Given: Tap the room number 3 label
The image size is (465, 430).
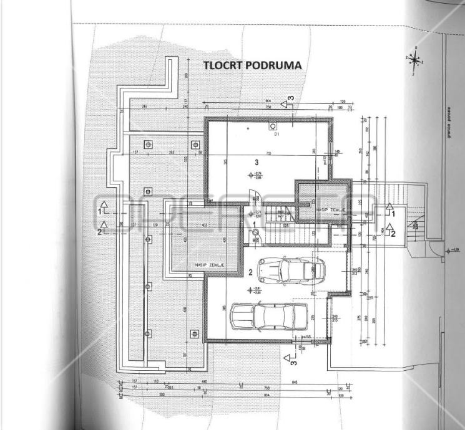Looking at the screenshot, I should point(256,161).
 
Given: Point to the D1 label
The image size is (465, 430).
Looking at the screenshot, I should point(277,134).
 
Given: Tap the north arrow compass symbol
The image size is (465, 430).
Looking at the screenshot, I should point(414,60).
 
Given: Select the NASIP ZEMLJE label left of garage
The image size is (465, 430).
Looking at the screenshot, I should point(209,264).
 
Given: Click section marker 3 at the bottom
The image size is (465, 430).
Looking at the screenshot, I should point(289,358).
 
